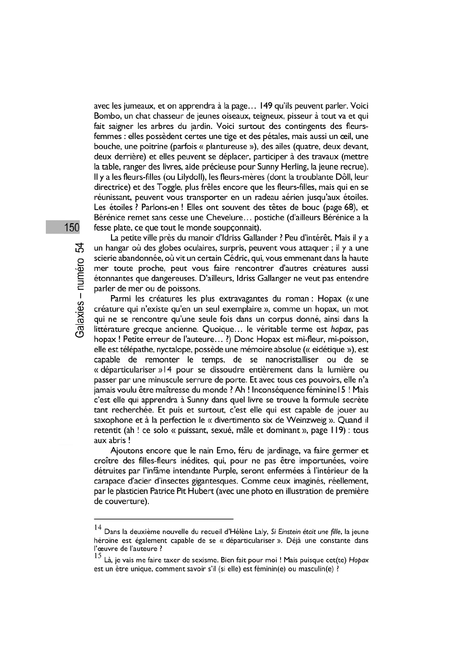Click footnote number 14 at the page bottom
[x=98, y=528]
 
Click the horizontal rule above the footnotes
[x=164, y=519]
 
